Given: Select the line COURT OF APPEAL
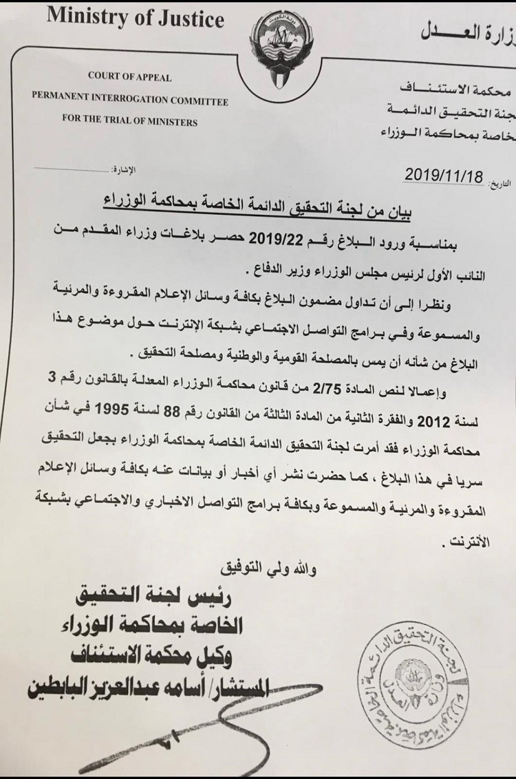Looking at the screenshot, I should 130,78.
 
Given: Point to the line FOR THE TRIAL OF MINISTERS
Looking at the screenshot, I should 129,122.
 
